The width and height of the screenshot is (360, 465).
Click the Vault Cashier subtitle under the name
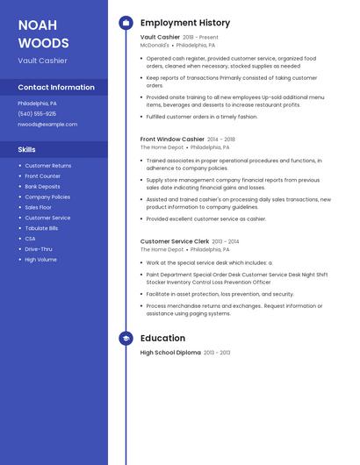(x=42, y=61)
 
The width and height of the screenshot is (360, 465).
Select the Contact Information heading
(x=56, y=88)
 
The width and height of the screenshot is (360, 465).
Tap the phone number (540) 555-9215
(x=37, y=113)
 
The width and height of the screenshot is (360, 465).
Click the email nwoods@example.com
(x=47, y=125)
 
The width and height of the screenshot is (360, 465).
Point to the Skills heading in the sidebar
(x=27, y=150)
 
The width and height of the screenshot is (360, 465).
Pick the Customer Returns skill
(x=48, y=166)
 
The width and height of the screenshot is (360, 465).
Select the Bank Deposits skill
(x=43, y=187)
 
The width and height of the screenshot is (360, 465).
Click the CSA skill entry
(x=30, y=239)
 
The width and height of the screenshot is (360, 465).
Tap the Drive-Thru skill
(x=39, y=249)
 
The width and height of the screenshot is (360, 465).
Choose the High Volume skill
(x=40, y=260)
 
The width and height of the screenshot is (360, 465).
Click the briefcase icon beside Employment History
(x=126, y=23)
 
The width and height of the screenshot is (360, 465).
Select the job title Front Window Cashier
(x=172, y=139)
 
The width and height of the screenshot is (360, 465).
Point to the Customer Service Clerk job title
(x=175, y=240)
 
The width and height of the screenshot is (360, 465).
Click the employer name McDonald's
(x=155, y=45)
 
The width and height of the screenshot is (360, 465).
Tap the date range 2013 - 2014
(x=226, y=241)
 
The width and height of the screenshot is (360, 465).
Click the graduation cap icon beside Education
(x=126, y=338)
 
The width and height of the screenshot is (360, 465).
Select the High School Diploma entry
(x=170, y=353)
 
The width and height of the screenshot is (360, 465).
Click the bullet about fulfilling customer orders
(x=202, y=117)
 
